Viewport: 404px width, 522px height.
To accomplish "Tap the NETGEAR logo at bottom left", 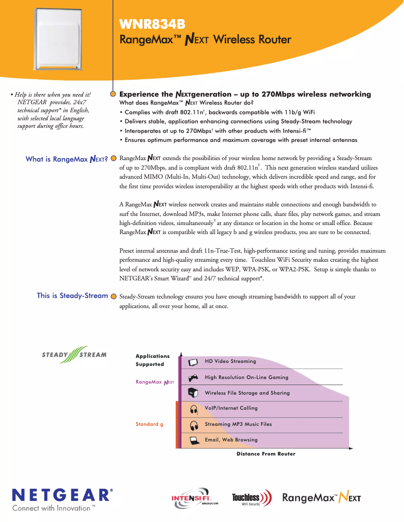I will [62, 494].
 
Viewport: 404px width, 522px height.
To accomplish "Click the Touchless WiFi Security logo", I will [251, 498].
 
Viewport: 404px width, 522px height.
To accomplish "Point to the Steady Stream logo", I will [74, 354].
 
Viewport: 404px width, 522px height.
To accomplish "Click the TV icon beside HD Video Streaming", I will [192, 362].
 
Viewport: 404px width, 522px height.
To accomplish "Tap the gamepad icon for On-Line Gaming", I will [192, 378].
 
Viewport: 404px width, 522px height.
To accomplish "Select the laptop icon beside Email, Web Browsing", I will [192, 440].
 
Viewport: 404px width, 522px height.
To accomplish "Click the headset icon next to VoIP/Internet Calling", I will [192, 409].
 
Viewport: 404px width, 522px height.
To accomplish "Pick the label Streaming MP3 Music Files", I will [238, 424].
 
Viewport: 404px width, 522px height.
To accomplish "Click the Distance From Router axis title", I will [266, 454].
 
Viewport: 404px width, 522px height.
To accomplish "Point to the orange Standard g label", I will [149, 424].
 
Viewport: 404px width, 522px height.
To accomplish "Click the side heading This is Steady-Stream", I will [72, 295].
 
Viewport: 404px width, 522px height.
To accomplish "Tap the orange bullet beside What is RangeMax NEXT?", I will [114, 159].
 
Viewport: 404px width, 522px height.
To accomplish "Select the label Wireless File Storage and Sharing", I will [247, 393].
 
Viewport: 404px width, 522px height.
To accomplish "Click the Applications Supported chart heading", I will [152, 360].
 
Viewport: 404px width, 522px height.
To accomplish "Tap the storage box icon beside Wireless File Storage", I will [192, 393].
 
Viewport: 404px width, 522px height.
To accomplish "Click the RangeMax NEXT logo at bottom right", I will [321, 498].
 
